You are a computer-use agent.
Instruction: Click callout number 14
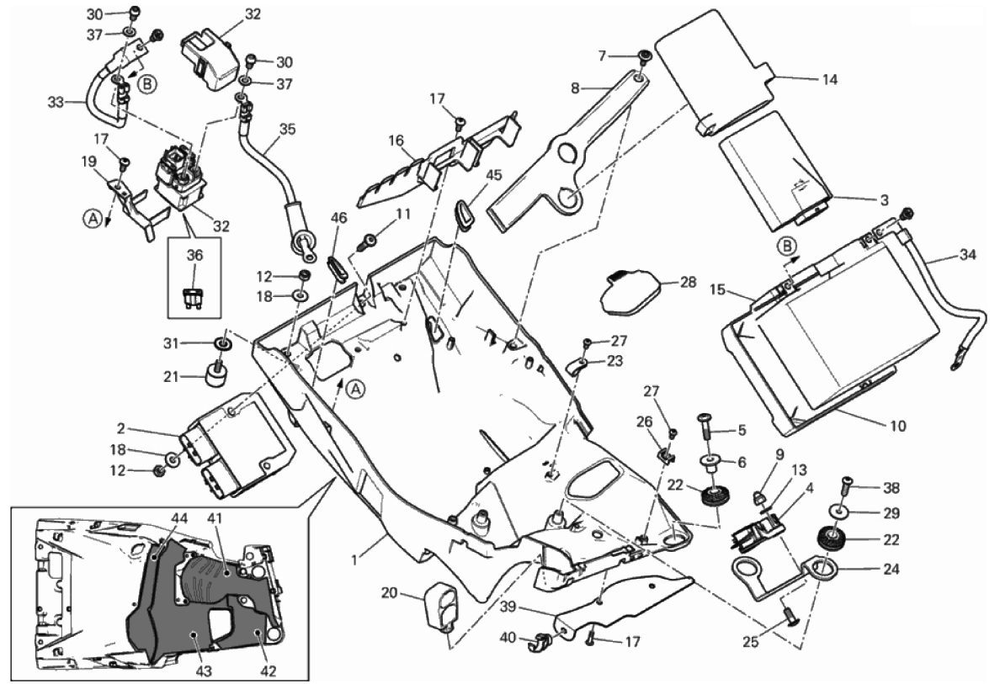830,79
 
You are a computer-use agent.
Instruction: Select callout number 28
689,282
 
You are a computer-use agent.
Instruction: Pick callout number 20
389,594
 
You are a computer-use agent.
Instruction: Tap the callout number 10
897,427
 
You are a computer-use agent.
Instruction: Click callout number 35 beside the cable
288,130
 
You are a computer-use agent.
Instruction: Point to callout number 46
338,218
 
